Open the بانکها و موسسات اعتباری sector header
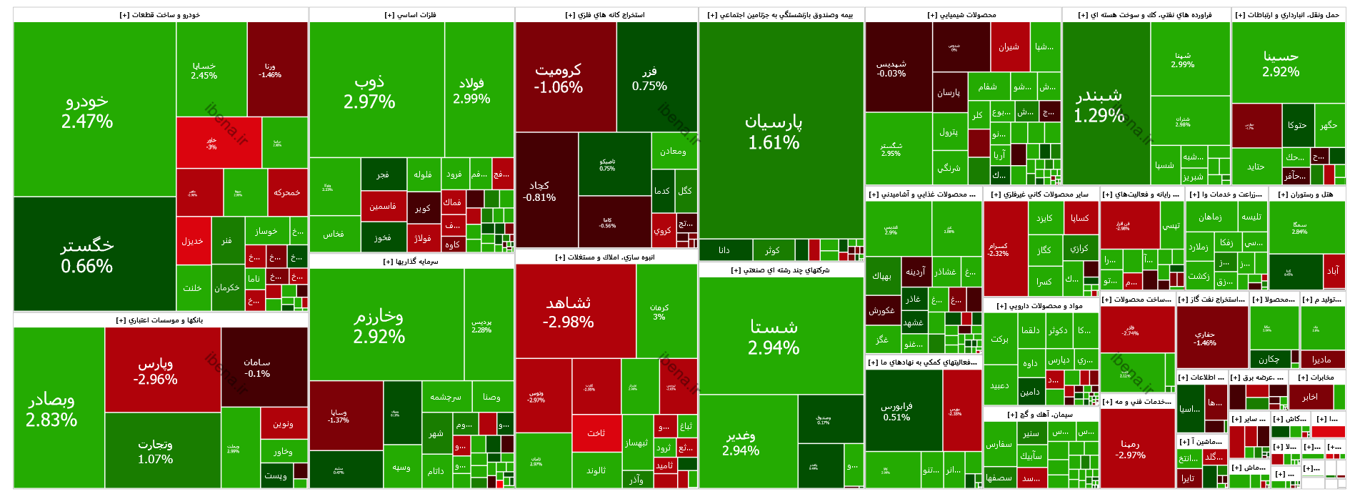(160, 320)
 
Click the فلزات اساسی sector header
(411, 15)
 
